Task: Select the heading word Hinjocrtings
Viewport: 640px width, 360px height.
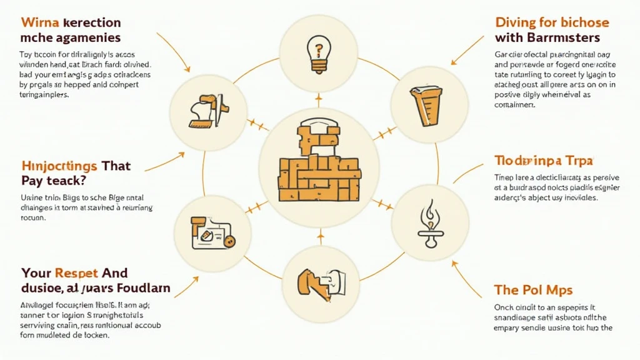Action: pos(59,166)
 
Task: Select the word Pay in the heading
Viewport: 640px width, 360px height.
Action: pos(32,181)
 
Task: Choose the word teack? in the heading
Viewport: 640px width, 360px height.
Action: pos(69,181)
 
